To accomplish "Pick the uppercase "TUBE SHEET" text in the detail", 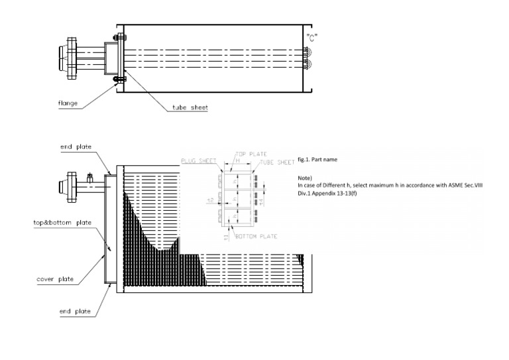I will point(278,161).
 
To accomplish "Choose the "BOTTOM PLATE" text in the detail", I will point(256,237).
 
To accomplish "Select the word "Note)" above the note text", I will point(306,178).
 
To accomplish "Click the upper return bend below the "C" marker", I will point(306,52).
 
